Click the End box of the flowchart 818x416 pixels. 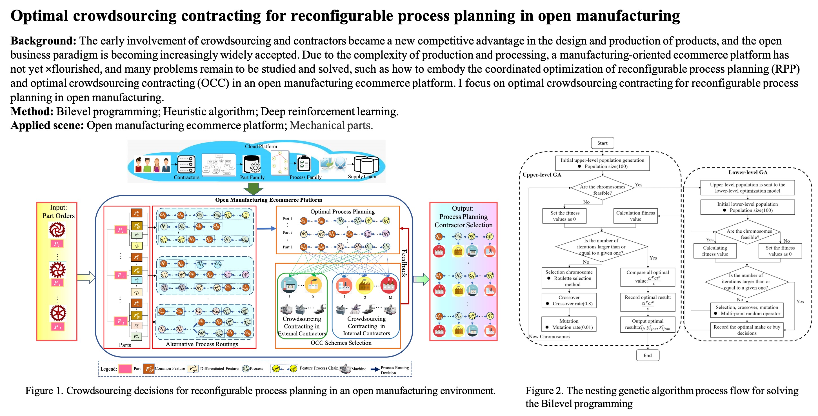(648, 355)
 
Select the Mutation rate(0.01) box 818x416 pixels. (569, 324)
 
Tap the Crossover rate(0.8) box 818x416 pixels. (569, 301)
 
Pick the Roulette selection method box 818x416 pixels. (569, 278)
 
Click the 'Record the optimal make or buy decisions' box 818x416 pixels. (746, 330)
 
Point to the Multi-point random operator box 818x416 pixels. (746, 310)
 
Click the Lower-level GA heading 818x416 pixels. (748, 172)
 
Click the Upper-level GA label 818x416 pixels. (542, 175)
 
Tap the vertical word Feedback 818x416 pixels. (404, 263)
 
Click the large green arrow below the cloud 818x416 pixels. (253, 189)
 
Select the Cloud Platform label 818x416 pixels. (261, 146)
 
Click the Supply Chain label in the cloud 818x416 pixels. (362, 177)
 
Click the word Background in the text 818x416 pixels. (43, 41)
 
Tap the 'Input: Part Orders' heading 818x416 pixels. (58, 212)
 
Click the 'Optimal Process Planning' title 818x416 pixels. (342, 212)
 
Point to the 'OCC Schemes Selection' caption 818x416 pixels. (341, 343)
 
